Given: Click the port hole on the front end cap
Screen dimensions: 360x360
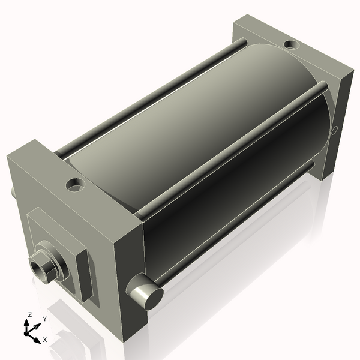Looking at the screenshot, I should (x=76, y=185).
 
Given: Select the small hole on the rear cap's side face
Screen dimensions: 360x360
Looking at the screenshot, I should (x=335, y=129).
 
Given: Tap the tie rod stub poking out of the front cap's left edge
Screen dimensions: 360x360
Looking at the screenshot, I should (x=13, y=192).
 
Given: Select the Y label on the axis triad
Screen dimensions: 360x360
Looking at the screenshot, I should (x=44, y=320).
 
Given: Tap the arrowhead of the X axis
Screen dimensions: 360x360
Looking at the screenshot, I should (x=38, y=339).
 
